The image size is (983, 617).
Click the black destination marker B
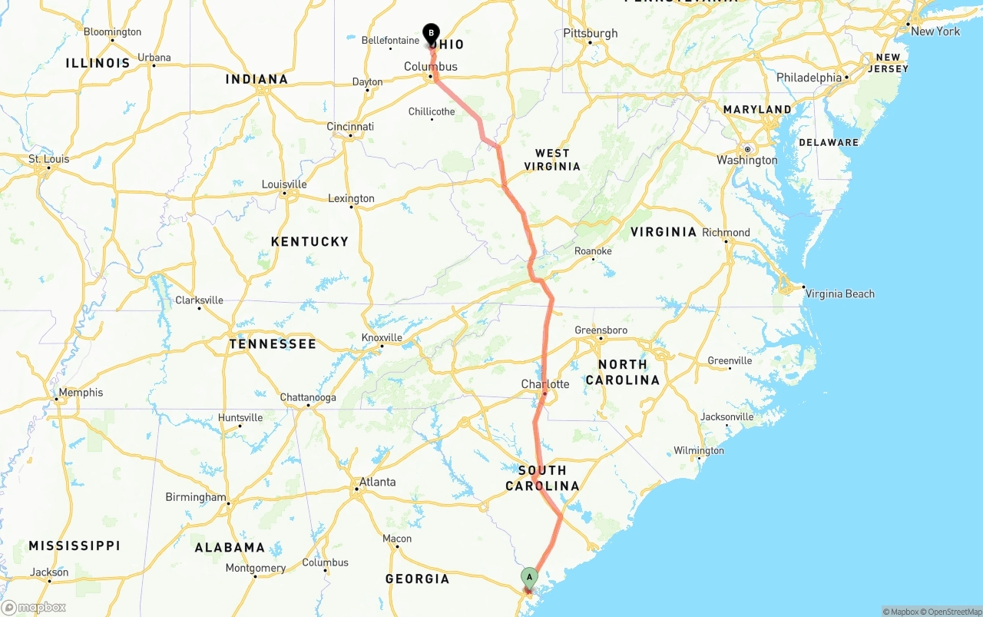pyautogui.click(x=432, y=33)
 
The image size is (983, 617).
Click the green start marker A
pyautogui.click(x=529, y=577)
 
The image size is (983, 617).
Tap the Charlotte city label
pyautogui.click(x=545, y=384)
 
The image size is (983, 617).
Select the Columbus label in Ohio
pyautogui.click(x=431, y=67)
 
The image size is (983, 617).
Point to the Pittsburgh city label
pyautogui.click(x=590, y=33)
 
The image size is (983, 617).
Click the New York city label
pyautogui.click(x=935, y=32)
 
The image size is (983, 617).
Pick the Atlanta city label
pyautogui.click(x=377, y=482)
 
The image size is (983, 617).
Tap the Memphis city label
pyautogui.click(x=81, y=393)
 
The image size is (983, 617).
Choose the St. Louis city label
pyautogui.click(x=49, y=159)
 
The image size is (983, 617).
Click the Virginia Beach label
pyautogui.click(x=840, y=294)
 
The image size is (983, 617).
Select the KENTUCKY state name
pyautogui.click(x=309, y=241)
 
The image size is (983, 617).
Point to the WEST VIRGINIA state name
pyautogui.click(x=552, y=160)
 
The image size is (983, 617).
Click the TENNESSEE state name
pyautogui.click(x=273, y=343)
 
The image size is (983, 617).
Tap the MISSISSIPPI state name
pyautogui.click(x=74, y=546)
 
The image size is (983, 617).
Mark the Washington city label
pyautogui.click(x=747, y=160)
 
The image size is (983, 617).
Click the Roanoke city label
pyautogui.click(x=593, y=251)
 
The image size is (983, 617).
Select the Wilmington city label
pyautogui.click(x=699, y=450)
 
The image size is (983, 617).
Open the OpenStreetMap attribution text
pyautogui.click(x=952, y=612)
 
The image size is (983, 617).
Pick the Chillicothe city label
pyautogui.click(x=432, y=111)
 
